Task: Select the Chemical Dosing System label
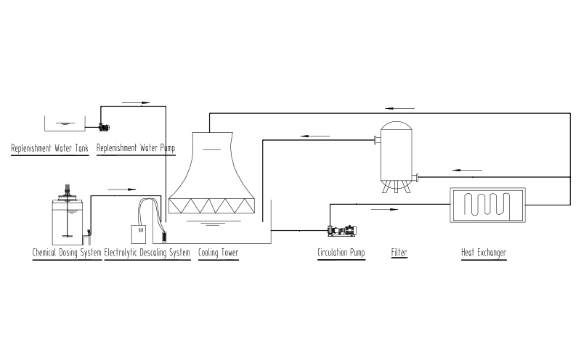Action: [67, 253]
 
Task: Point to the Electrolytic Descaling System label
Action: [147, 253]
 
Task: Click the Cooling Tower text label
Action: [218, 253]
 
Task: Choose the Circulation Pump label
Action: [341, 253]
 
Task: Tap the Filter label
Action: [399, 253]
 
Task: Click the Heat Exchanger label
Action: [484, 253]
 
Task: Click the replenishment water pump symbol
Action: [104, 127]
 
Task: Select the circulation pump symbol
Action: [341, 231]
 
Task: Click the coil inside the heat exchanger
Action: [487, 205]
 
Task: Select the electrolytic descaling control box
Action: [138, 233]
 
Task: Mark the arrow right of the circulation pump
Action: [385, 209]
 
